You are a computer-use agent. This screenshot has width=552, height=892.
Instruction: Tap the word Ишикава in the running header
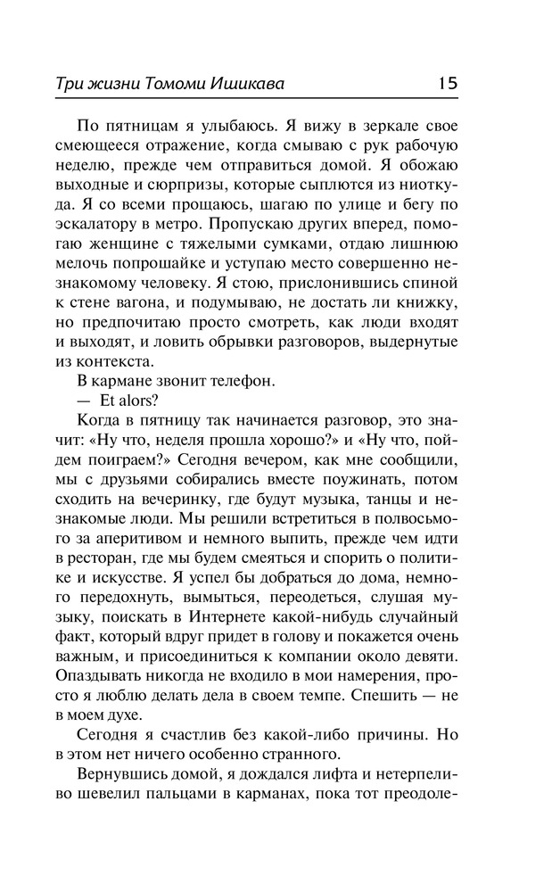[262, 85]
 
